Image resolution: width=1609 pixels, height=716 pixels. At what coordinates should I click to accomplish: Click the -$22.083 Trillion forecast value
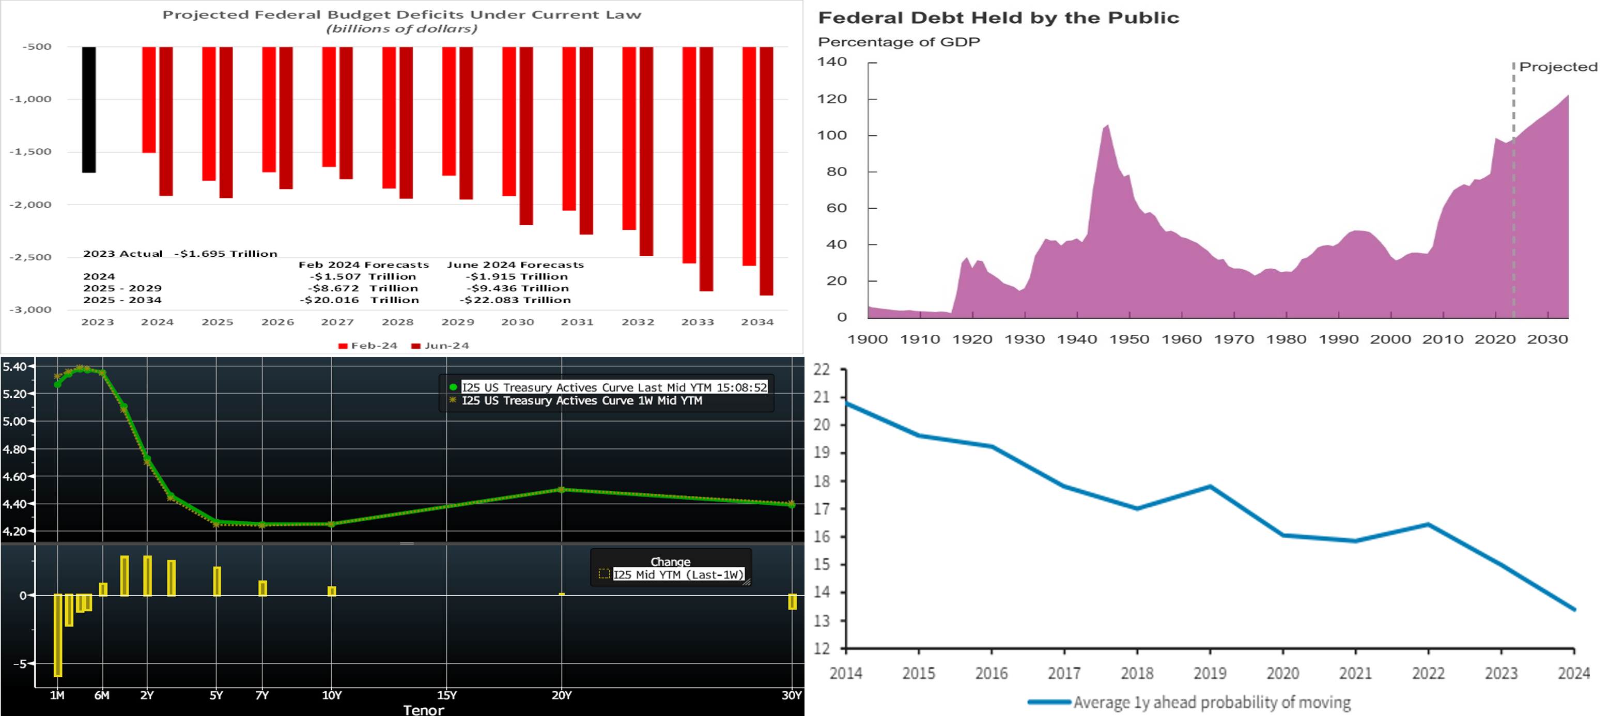coord(515,300)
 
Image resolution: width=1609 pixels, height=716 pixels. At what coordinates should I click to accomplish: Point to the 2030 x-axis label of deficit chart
coord(518,322)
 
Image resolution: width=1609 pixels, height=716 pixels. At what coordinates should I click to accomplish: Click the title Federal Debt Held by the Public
coord(999,18)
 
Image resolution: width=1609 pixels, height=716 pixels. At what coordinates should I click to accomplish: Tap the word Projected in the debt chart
coord(1558,67)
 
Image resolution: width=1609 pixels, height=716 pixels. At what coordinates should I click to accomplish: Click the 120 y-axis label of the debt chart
coord(832,99)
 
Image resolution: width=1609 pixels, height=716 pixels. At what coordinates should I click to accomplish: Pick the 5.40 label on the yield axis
coord(14,366)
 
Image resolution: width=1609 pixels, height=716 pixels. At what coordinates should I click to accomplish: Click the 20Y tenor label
coord(562,695)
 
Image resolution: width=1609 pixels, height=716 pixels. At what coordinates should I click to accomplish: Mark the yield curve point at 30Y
coord(792,504)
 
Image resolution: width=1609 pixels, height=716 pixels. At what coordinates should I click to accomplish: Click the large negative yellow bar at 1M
coord(57,635)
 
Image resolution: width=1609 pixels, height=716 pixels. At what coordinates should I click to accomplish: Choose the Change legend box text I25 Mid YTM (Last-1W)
coord(679,575)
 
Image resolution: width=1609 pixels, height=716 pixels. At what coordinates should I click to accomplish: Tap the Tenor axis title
coord(424,710)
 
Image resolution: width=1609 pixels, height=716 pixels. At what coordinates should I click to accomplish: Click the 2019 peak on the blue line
coord(1210,486)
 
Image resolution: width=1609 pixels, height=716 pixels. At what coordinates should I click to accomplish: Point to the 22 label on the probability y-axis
coord(822,369)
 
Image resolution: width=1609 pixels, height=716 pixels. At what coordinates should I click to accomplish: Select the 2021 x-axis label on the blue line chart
coord(1355,674)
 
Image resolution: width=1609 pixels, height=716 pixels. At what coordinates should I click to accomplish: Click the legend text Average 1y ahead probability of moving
coord(1212,702)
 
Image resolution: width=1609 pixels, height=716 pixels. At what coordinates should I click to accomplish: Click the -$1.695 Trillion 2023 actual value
coord(225,254)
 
